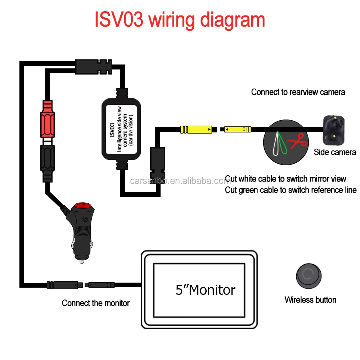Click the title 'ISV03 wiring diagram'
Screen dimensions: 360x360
tap(180, 20)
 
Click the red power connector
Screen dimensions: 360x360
tap(49, 119)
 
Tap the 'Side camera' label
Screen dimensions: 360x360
tap(334, 152)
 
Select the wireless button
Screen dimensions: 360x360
tap(309, 275)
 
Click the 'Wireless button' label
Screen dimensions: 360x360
tap(310, 300)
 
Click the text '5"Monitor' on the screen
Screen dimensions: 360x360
tap(205, 290)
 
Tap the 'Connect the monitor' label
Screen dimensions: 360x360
tap(96, 303)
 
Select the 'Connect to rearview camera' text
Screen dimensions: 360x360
tap(298, 92)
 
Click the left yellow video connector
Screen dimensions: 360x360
tap(196, 129)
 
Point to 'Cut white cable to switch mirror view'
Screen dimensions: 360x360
tap(285, 179)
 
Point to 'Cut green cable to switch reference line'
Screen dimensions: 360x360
tap(291, 190)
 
